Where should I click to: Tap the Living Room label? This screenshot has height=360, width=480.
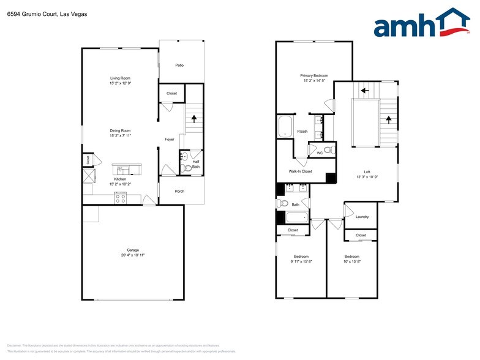[x=120, y=78]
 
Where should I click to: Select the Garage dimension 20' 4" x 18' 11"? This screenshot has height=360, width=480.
[x=133, y=255]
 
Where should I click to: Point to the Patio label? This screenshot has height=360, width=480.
[x=179, y=65]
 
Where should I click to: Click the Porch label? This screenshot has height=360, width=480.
[x=179, y=191]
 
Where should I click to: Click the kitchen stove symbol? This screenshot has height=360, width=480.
[x=120, y=198]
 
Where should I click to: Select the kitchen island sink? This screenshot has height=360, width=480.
[x=122, y=169]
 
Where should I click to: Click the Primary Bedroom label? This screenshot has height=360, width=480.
[x=313, y=75]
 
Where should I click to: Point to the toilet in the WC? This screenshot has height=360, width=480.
[x=327, y=149]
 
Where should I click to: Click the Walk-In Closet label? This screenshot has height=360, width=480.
[x=300, y=171]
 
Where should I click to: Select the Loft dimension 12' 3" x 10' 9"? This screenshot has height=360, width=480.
[x=367, y=176]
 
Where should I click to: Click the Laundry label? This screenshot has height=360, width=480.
[x=361, y=217]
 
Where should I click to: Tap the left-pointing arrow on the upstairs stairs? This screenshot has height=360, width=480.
[x=364, y=91]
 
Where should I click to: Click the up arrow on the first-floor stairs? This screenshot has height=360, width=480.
[x=193, y=119]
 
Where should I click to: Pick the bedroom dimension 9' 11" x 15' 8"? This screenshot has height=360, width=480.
[x=301, y=261]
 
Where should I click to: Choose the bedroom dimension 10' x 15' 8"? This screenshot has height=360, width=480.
[x=351, y=261]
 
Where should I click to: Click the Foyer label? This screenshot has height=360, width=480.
[x=170, y=139]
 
